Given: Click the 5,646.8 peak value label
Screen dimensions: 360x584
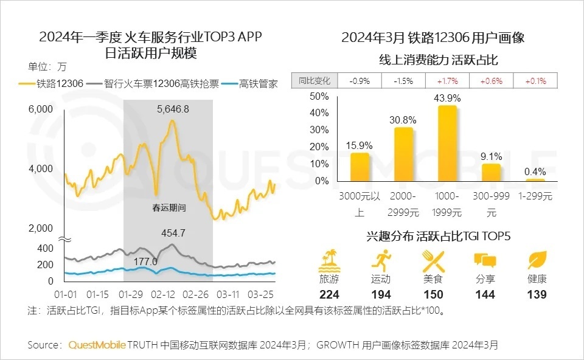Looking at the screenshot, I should [x=173, y=109].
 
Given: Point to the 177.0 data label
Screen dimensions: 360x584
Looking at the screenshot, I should [x=146, y=261].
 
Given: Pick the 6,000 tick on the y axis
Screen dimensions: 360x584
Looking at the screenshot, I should [x=41, y=109].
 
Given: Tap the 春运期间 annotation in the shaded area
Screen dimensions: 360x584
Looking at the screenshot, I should [x=169, y=208].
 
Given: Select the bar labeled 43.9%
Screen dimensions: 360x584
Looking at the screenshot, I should [x=447, y=143].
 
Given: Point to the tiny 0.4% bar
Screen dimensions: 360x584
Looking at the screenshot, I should [x=535, y=180].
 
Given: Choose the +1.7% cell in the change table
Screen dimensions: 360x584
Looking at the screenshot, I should [x=447, y=81].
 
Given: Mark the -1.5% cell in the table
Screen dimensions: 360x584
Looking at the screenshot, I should [x=403, y=81].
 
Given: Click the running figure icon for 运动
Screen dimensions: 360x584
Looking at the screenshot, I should [x=380, y=260].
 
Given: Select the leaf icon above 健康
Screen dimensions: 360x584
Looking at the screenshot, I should [x=537, y=260].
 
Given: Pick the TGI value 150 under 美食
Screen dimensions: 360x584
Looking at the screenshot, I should [x=433, y=294].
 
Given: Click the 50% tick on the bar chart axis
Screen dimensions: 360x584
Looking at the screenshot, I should [x=319, y=96].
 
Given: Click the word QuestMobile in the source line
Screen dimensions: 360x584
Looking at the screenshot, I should [x=97, y=345].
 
